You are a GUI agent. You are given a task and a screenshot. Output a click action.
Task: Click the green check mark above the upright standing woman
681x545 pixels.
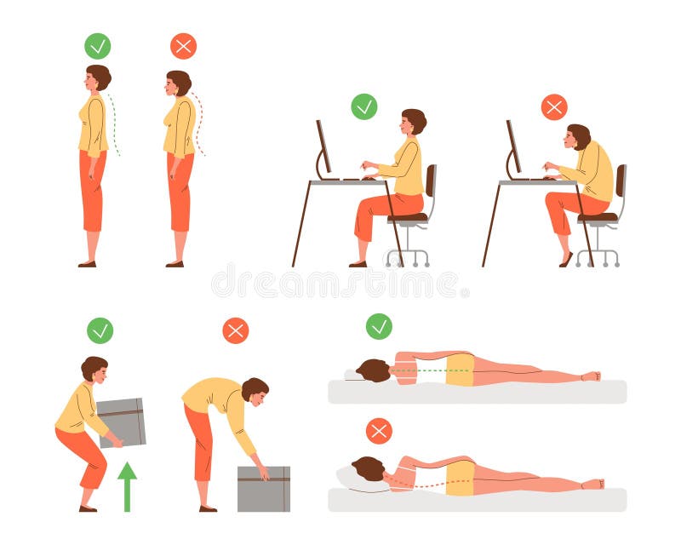pos(98,45)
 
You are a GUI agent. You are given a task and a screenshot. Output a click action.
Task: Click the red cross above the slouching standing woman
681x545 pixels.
pos(183,46)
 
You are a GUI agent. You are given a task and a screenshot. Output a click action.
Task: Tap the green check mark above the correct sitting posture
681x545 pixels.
pos(364,106)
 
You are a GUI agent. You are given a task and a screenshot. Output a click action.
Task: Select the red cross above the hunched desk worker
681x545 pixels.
pos(554,106)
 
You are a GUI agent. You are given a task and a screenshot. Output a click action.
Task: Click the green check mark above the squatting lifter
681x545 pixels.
pos(100,330)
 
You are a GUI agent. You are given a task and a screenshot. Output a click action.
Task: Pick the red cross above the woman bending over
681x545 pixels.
pos(236,330)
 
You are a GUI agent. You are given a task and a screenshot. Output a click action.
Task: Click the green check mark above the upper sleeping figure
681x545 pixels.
pos(379,326)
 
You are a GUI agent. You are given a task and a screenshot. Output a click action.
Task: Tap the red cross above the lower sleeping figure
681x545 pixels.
pos(379,431)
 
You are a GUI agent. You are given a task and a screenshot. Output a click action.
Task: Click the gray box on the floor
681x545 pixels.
pos(263,489)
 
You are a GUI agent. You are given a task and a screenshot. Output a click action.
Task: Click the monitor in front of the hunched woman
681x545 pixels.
pos(514,146)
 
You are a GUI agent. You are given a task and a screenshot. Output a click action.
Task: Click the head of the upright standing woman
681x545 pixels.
pos(97,77)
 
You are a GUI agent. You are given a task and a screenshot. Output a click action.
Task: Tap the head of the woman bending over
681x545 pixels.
pos(254,390)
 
